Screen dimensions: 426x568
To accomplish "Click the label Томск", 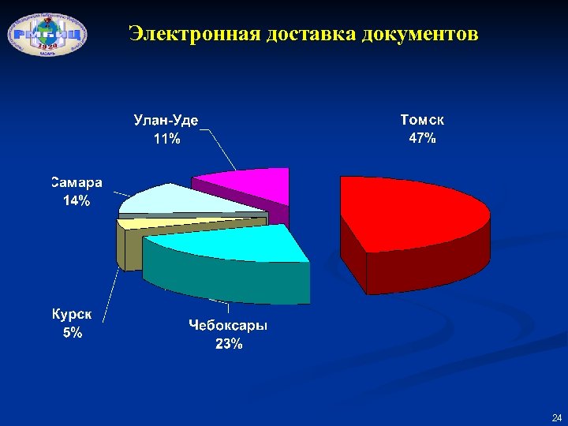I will point(422,120).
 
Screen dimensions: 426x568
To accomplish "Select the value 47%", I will point(422,138).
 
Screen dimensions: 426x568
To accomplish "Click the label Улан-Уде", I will point(166,121).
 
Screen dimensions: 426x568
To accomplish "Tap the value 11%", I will point(166,139).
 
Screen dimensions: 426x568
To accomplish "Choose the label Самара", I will point(77,183).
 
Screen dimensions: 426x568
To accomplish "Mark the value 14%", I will point(77,201).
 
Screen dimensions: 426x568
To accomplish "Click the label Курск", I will point(72,314).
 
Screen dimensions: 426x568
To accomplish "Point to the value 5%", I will point(72,332).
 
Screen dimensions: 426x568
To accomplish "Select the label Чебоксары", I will point(228,325).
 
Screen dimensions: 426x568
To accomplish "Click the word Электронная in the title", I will point(194,35).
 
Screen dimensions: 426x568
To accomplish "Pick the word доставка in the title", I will point(312,35).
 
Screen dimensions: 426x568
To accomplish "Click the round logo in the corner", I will point(47,33).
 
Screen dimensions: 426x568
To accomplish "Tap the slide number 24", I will point(556,417).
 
